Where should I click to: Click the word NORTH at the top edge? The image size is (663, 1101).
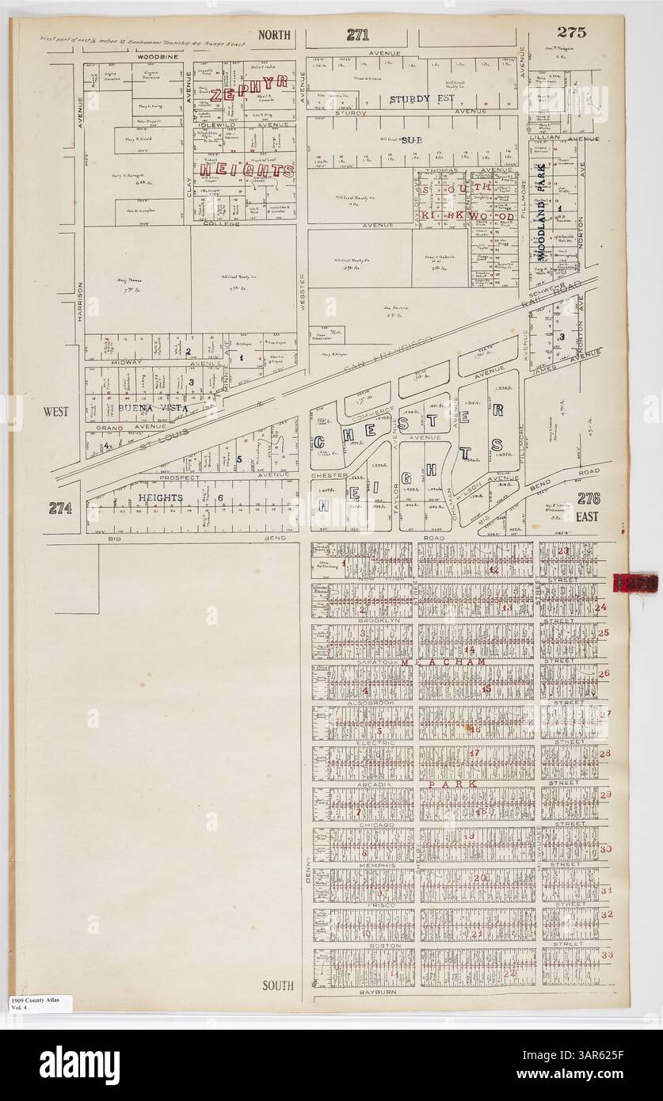(276, 35)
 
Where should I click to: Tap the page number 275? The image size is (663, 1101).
(570, 32)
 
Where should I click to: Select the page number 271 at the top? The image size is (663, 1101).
(357, 35)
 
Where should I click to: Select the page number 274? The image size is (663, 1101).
(59, 508)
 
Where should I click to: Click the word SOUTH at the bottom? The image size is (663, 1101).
(277, 985)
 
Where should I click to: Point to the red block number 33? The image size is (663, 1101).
(607, 954)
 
